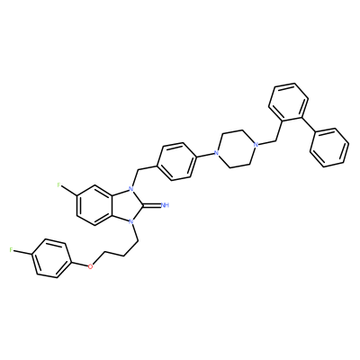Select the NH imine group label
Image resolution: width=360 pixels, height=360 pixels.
coord(165,205)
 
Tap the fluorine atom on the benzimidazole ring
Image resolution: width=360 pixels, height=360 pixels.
coord(59,185)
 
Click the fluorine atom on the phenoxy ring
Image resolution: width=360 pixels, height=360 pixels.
coord(11,250)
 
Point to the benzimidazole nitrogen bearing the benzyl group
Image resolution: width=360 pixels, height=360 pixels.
coord(130,189)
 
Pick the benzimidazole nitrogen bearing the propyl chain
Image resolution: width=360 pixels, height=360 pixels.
coord(130,222)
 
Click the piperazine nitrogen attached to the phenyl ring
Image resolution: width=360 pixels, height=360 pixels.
coord(216,153)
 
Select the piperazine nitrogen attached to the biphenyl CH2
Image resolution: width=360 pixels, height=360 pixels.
coord(256,145)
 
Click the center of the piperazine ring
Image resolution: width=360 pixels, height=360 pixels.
coord(236,149)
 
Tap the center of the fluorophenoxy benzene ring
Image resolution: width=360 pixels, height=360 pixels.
coord(51,258)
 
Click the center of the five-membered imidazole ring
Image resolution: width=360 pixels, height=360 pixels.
coord(124,205)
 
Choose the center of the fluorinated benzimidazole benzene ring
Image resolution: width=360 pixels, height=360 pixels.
coord(95,205)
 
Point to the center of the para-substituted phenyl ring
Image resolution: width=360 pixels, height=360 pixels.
coord(176,162)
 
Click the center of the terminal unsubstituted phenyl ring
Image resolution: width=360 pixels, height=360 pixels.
coord(329,148)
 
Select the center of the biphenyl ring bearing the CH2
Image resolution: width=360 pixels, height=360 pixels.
coord(289,103)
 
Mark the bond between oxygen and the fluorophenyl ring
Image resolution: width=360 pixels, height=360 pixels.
coord(79,264)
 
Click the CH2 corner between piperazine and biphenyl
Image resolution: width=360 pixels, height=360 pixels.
coord(274,140)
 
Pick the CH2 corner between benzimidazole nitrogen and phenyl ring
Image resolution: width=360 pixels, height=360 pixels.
coord(137,170)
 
